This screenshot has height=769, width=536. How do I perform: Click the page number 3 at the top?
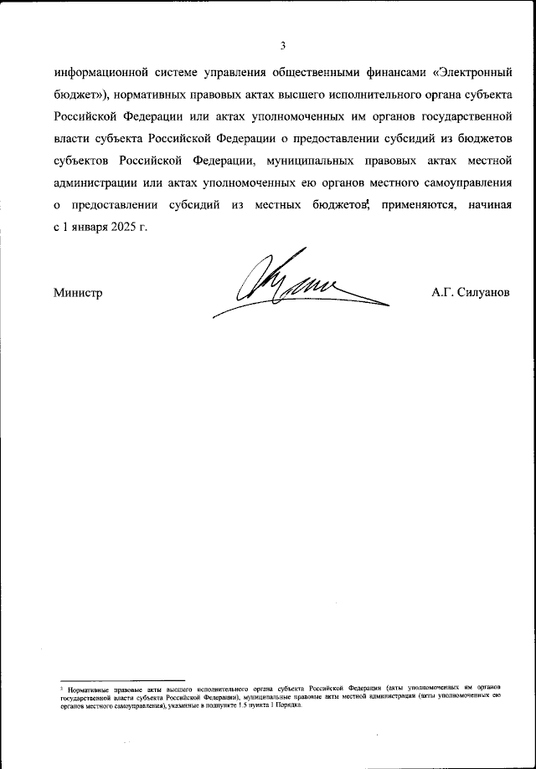(x=284, y=44)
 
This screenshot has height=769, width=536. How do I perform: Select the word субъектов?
(x=82, y=161)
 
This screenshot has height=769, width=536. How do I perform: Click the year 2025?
(x=122, y=227)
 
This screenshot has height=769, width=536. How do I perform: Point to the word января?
(x=87, y=227)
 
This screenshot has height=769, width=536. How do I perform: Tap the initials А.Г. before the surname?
(x=442, y=292)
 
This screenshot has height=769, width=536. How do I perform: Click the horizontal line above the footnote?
(x=118, y=680)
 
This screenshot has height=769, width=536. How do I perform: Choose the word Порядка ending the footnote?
(x=287, y=705)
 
